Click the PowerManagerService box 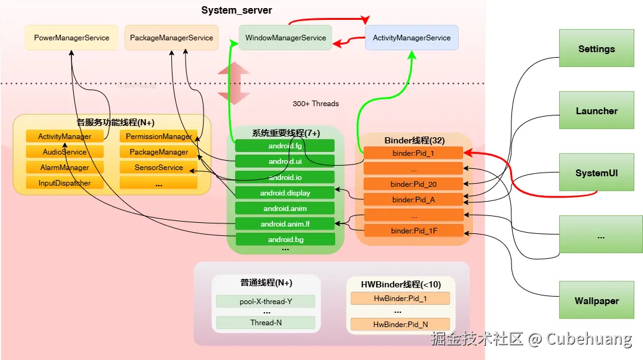tap(71, 38)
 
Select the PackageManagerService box tap(171, 38)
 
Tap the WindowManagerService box tap(286, 38)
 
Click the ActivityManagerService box tap(411, 38)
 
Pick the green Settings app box tap(596, 49)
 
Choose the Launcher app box tap(596, 111)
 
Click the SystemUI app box tap(596, 173)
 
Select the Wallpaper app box tap(596, 301)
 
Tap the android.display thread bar tap(285, 193)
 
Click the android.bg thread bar tap(285, 240)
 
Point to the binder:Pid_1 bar tap(413, 153)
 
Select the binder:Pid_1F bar tap(413, 232)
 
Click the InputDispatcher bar tap(65, 183)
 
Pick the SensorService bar tap(159, 168)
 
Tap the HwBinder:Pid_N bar tap(400, 324)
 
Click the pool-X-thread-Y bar tap(266, 302)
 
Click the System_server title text tap(236, 11)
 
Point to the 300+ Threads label tap(316, 104)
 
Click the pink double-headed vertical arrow tap(228, 83)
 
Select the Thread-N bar tap(266, 323)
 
